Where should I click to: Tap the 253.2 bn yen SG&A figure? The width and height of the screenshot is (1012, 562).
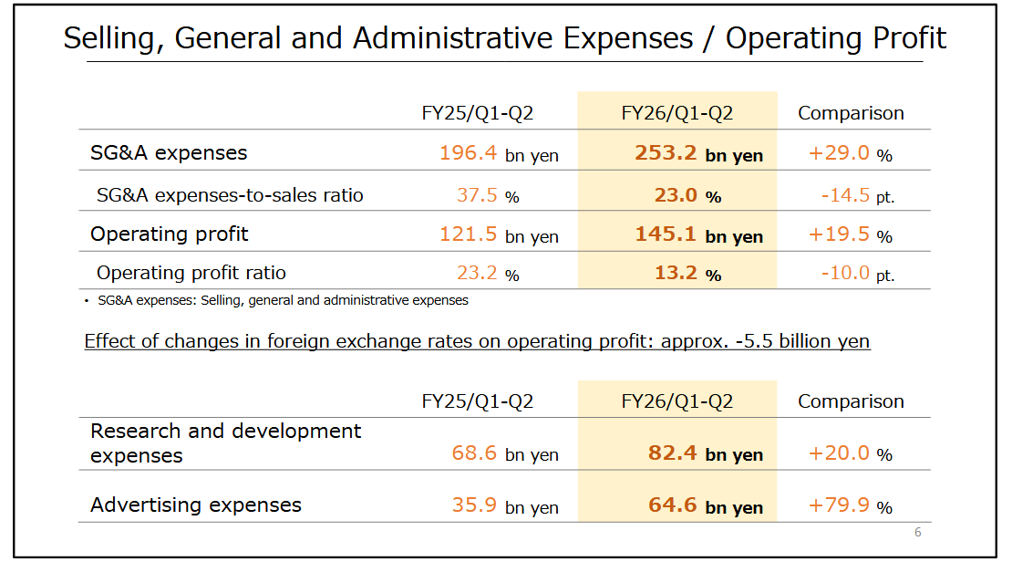pos(698,153)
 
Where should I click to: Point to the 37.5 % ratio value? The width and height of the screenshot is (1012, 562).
pos(488,194)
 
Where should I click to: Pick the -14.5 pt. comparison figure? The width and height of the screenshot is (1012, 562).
pos(856,194)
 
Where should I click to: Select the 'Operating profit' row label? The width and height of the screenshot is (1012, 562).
pos(170,234)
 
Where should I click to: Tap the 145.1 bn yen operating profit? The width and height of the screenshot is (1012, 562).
pos(698,234)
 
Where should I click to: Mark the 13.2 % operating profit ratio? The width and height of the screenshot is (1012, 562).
pos(687,273)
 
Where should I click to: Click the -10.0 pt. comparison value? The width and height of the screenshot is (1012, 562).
pos(856,273)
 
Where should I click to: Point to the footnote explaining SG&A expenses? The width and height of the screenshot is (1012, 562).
pos(278,300)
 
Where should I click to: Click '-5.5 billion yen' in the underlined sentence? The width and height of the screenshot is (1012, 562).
pos(802,341)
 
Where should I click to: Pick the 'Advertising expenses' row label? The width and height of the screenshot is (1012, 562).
pos(196,505)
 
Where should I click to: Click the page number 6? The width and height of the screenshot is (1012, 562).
pos(918,533)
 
